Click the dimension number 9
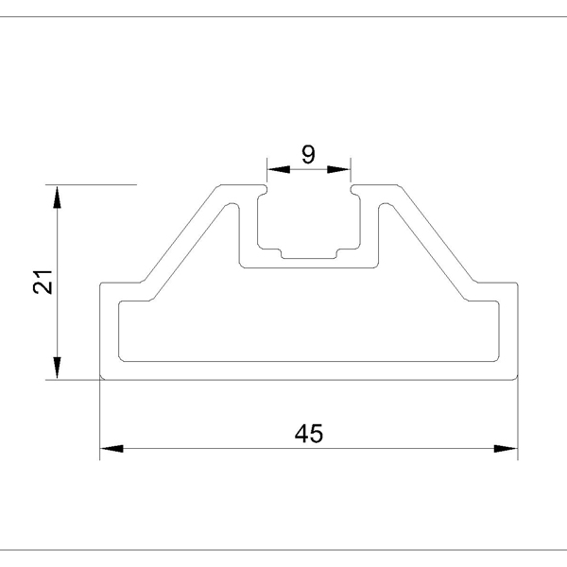coord(308,154)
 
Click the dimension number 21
coord(43,282)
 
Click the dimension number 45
coord(309,434)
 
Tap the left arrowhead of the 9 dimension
coord(279,169)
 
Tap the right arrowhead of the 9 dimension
coord(339,169)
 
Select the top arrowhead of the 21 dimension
coord(57,198)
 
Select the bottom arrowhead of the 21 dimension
coord(57,368)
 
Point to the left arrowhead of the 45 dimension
coord(112,449)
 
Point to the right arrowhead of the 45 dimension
coord(506,449)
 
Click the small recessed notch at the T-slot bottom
coord(309,254)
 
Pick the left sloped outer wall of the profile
coord(180,233)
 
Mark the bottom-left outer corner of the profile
coord(100,380)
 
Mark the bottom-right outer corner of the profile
coord(518,380)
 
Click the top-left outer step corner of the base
coord(100,283)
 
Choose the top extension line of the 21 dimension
coord(91,184)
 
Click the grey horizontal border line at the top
coord(283,16)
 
